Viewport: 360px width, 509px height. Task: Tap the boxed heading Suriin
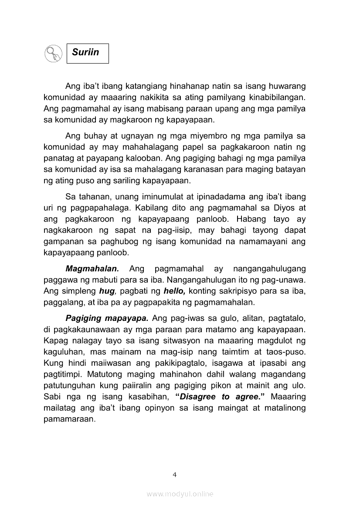point(87,53)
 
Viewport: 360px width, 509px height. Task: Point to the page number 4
point(174,475)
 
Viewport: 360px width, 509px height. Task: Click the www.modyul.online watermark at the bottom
point(180,494)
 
